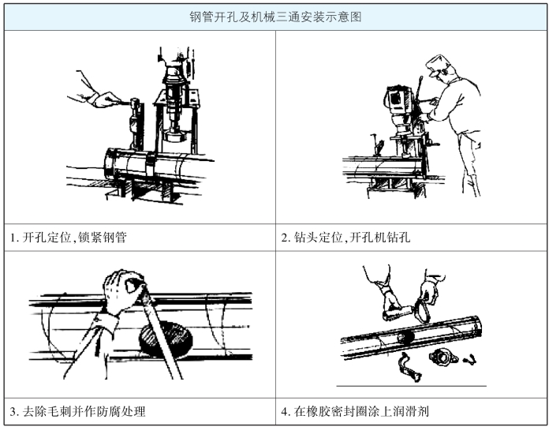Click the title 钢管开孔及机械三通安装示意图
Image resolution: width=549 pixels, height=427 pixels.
(x=275, y=17)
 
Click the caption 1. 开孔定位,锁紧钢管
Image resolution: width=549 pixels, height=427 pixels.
(x=68, y=238)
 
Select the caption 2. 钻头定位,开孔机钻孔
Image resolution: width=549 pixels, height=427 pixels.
(x=345, y=238)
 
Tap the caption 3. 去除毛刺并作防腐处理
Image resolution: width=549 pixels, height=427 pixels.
(x=77, y=411)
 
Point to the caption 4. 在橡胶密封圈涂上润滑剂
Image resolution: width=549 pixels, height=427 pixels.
(x=355, y=411)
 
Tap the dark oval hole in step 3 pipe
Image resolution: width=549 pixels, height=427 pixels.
(x=166, y=339)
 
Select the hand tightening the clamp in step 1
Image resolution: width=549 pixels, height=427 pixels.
(x=103, y=99)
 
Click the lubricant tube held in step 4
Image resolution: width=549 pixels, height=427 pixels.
(x=398, y=313)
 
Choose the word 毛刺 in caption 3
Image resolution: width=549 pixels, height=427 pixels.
(x=59, y=411)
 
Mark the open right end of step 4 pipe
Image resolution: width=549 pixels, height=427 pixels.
(x=476, y=324)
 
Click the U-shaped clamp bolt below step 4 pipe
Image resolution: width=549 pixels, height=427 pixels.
(x=408, y=367)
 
